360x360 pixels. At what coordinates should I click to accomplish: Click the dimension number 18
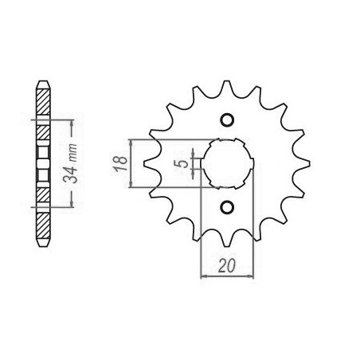120,163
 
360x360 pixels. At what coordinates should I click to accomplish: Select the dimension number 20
226,265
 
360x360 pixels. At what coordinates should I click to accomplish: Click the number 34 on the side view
70,174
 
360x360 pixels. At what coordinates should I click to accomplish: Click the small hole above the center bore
227,119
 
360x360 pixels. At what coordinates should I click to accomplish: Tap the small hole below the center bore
227,207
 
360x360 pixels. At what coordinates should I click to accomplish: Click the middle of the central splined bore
227,163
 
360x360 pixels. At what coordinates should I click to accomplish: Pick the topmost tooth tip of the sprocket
226,81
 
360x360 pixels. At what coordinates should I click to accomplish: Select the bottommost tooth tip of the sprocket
226,246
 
